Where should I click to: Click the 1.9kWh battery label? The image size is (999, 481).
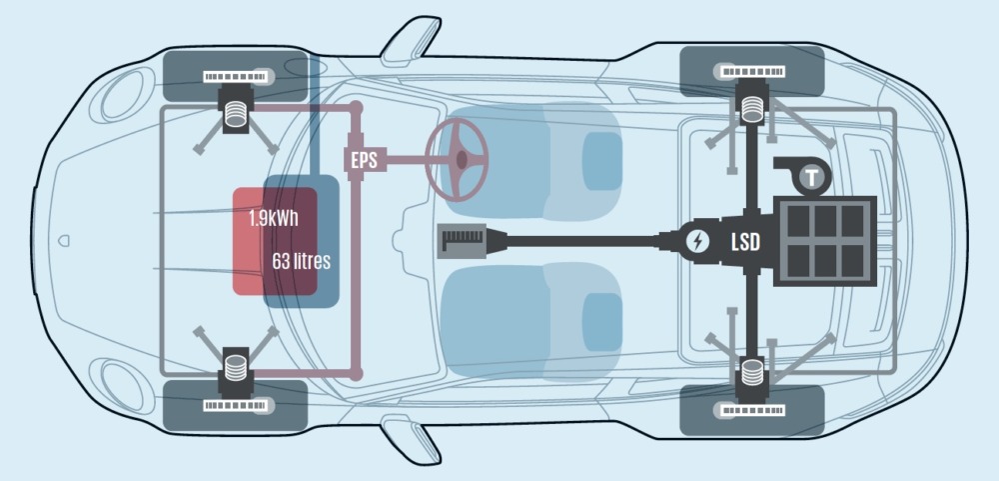pyautogui.click(x=274, y=218)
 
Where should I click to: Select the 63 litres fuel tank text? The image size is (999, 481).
pyautogui.click(x=301, y=261)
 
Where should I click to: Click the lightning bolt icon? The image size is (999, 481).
pyautogui.click(x=696, y=241)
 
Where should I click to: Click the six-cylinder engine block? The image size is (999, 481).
pyautogui.click(x=825, y=241)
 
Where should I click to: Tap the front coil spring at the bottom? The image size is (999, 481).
pyautogui.click(x=237, y=367)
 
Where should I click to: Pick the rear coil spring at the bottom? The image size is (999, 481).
pyautogui.click(x=750, y=378)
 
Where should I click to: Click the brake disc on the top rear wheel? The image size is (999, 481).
pyautogui.click(x=749, y=71)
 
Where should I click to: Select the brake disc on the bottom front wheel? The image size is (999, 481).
pyautogui.click(x=237, y=406)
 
